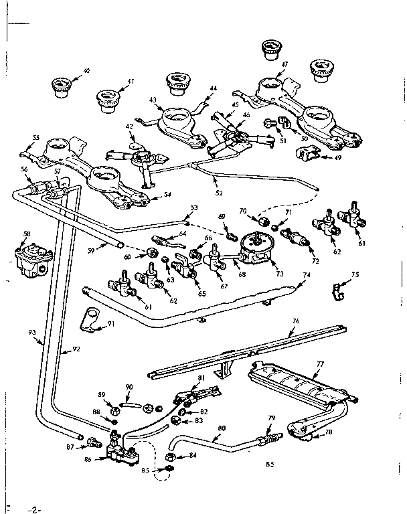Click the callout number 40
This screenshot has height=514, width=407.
[x=86, y=70]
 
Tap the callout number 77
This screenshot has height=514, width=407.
[x=321, y=364]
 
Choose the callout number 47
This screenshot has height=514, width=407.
[x=284, y=65]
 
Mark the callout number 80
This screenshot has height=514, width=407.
[x=222, y=429]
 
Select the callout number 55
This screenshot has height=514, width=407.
[x=35, y=138]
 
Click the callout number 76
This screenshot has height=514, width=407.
[x=295, y=321]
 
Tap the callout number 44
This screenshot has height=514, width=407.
[x=213, y=88]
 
